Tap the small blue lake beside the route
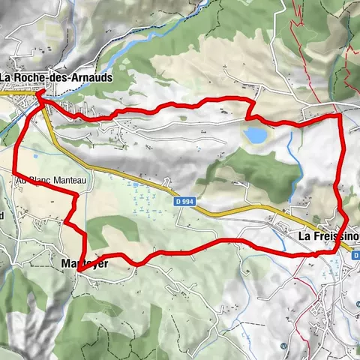click(255, 135)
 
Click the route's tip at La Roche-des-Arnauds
click(37, 93)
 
